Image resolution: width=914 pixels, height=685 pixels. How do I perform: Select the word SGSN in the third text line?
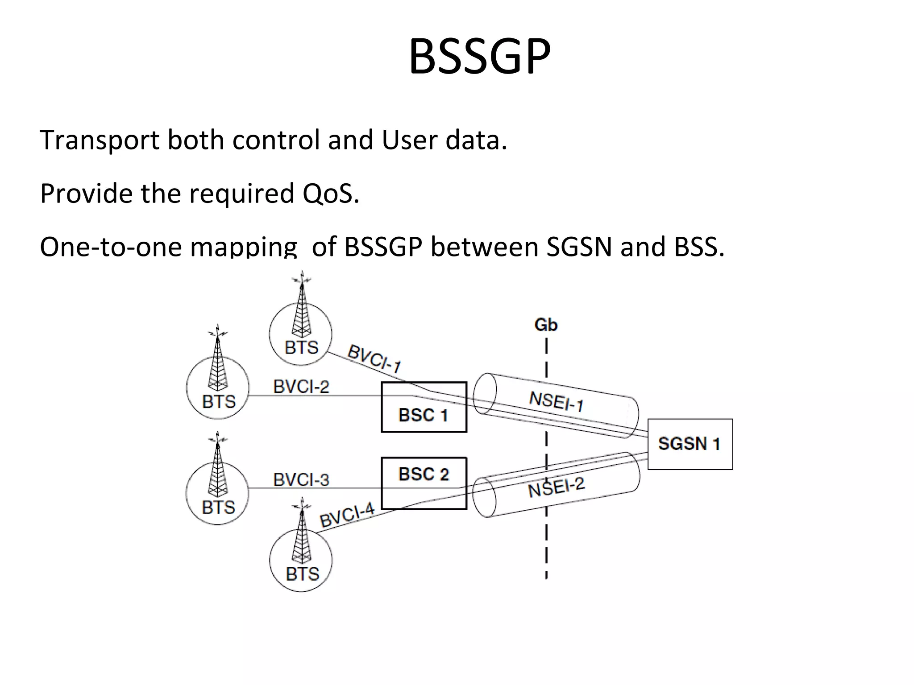[579, 247]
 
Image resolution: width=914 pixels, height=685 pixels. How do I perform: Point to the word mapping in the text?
[244, 248]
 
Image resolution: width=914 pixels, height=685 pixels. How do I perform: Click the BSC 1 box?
[424, 407]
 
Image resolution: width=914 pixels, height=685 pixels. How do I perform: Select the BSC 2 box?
[424, 483]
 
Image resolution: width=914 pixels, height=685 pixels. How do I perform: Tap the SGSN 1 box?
[690, 444]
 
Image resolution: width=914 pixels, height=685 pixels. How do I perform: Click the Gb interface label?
[546, 325]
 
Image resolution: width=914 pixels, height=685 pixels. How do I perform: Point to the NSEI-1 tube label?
[556, 401]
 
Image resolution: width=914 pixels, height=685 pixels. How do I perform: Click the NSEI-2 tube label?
[556, 487]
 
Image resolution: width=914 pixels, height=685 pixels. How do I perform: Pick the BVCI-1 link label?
[374, 359]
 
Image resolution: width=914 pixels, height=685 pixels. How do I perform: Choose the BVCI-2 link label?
[301, 386]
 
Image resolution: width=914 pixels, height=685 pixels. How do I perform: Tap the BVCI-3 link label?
[301, 480]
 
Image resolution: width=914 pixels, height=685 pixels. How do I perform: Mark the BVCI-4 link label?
[347, 515]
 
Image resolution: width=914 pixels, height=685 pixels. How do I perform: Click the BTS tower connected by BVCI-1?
[301, 330]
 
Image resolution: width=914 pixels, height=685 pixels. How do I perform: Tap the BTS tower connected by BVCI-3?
[217, 491]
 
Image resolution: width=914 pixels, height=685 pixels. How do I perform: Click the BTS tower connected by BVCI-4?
[301, 557]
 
